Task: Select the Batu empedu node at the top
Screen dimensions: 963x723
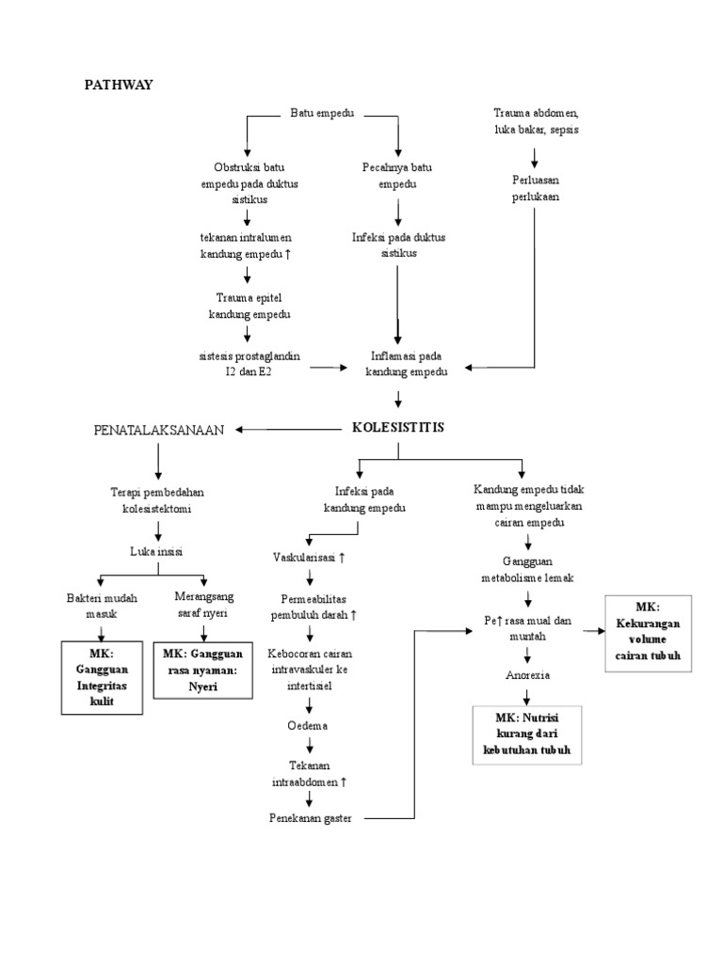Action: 322,114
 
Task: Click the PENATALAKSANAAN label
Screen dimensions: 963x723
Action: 158,430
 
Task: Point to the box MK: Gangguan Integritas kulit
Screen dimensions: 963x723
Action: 101,677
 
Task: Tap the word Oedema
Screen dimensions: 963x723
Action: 309,726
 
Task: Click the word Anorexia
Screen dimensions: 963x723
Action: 527,674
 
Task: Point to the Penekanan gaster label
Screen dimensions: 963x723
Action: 310,818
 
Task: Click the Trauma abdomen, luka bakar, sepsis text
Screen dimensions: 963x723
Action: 535,121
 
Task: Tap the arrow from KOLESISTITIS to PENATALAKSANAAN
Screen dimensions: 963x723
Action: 286,430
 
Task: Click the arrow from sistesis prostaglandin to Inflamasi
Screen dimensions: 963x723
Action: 329,366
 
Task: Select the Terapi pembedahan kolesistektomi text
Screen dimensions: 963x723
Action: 156,499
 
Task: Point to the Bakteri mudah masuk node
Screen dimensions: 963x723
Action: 101,606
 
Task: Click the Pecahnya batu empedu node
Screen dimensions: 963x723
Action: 397,176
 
